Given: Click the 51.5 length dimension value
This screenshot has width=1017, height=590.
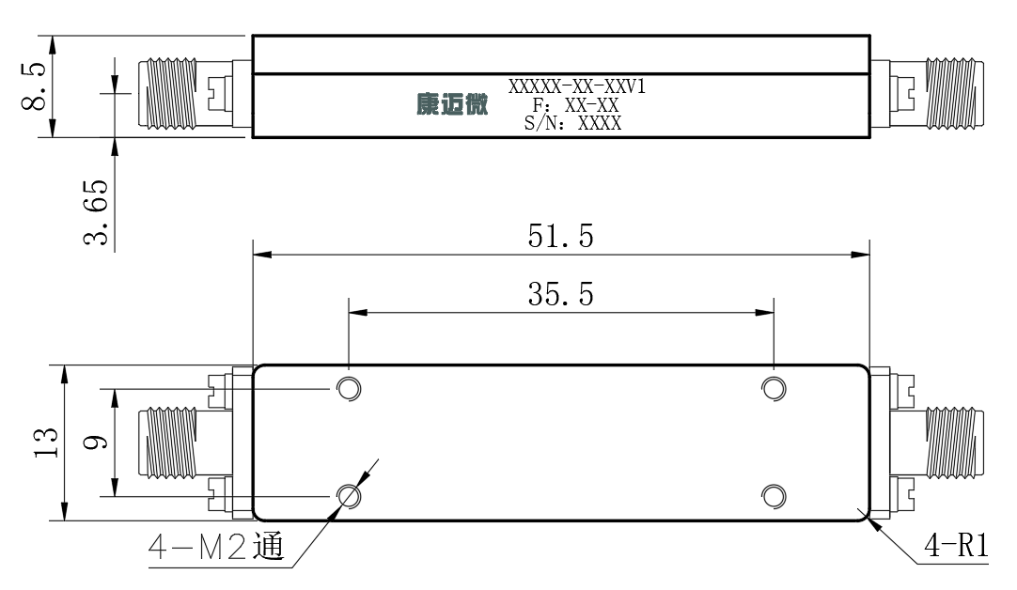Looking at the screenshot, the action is tap(560, 236).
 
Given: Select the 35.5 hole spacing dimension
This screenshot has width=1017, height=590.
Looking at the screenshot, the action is tap(560, 294).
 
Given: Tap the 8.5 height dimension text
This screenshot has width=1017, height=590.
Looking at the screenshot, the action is tap(34, 86).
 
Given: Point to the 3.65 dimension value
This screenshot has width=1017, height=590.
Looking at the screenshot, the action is tap(96, 212).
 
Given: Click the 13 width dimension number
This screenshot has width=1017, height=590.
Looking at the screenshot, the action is tap(46, 442).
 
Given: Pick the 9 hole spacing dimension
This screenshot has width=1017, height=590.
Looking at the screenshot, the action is tap(95, 442).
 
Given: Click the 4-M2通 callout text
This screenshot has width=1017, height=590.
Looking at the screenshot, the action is tap(216, 547).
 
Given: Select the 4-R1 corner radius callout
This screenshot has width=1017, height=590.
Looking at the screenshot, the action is tap(956, 545).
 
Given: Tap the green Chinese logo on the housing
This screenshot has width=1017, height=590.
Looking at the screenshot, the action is tap(452, 103).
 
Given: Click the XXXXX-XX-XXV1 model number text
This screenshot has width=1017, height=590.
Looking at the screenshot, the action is tap(576, 86).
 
